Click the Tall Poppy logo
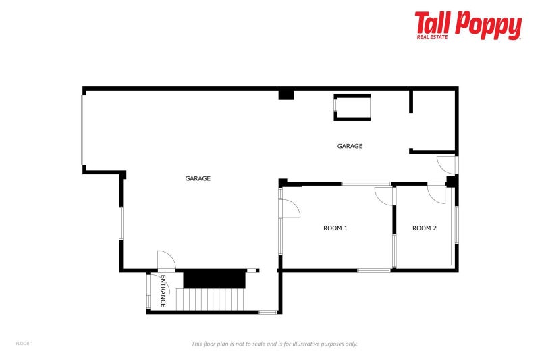point(468,26)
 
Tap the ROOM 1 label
point(335,228)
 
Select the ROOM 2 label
point(425,228)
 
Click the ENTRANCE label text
point(163,292)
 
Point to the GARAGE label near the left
point(198,179)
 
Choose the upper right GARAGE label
point(350,146)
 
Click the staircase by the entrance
point(213,299)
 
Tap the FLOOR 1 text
point(24,344)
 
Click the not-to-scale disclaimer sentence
point(275,344)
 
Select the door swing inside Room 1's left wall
point(290,209)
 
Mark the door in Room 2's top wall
point(436,192)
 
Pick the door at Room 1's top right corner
point(384,194)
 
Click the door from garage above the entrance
point(166,261)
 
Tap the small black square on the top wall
point(286,95)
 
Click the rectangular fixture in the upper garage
point(352,107)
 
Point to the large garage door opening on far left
point(83,129)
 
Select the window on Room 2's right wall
point(457,224)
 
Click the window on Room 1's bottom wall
point(373,271)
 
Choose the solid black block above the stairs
point(214,278)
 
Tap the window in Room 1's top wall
point(366,184)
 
